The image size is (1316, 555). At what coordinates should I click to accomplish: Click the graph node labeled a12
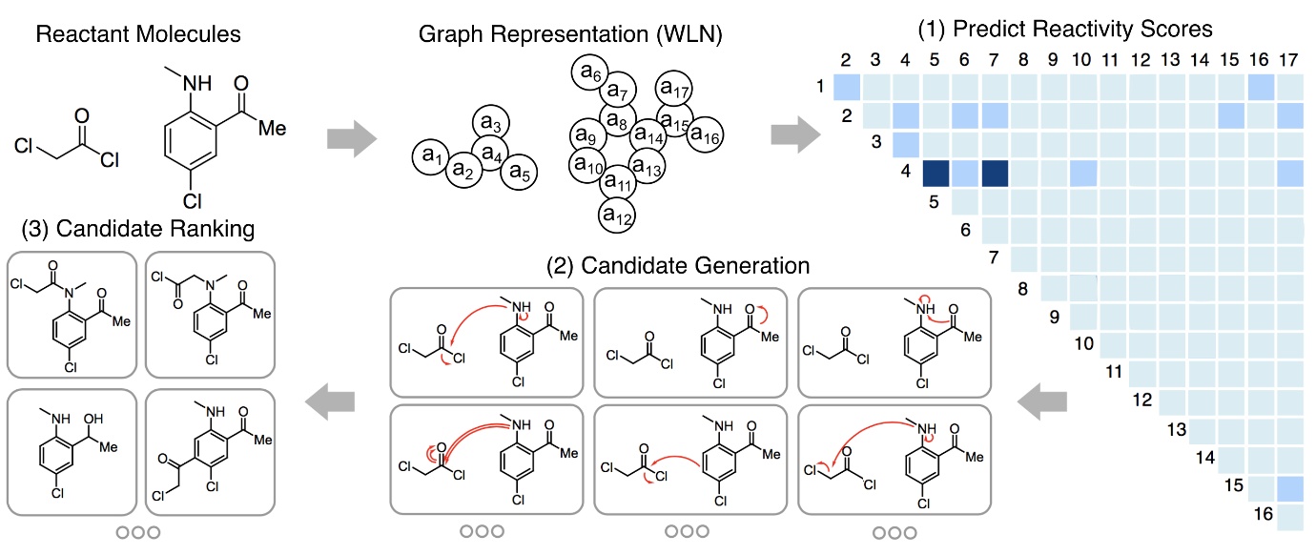click(617, 215)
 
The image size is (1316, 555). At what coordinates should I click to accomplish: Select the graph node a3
click(490, 123)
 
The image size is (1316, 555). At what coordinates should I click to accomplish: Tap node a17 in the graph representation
click(674, 89)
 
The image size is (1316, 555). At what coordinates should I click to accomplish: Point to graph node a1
click(431, 156)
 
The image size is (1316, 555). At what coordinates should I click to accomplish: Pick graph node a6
click(590, 72)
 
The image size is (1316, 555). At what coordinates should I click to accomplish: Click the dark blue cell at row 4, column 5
click(936, 174)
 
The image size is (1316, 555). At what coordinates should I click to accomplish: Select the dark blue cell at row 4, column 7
click(995, 174)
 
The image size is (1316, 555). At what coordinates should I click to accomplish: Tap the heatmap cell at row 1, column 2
click(847, 87)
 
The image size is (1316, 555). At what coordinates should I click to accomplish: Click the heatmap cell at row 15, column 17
click(1290, 488)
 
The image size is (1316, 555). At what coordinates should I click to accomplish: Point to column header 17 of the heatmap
click(1288, 60)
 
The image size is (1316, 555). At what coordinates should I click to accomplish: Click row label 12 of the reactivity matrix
click(1142, 400)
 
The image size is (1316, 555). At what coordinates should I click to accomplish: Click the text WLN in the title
click(687, 34)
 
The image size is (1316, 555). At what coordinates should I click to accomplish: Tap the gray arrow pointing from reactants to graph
click(352, 138)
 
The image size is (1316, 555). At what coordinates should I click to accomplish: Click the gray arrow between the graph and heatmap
click(796, 134)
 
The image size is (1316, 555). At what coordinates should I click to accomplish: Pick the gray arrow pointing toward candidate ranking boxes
click(330, 401)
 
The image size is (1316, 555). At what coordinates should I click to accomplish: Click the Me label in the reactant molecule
click(272, 129)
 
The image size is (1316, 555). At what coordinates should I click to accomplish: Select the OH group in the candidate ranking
click(93, 419)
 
